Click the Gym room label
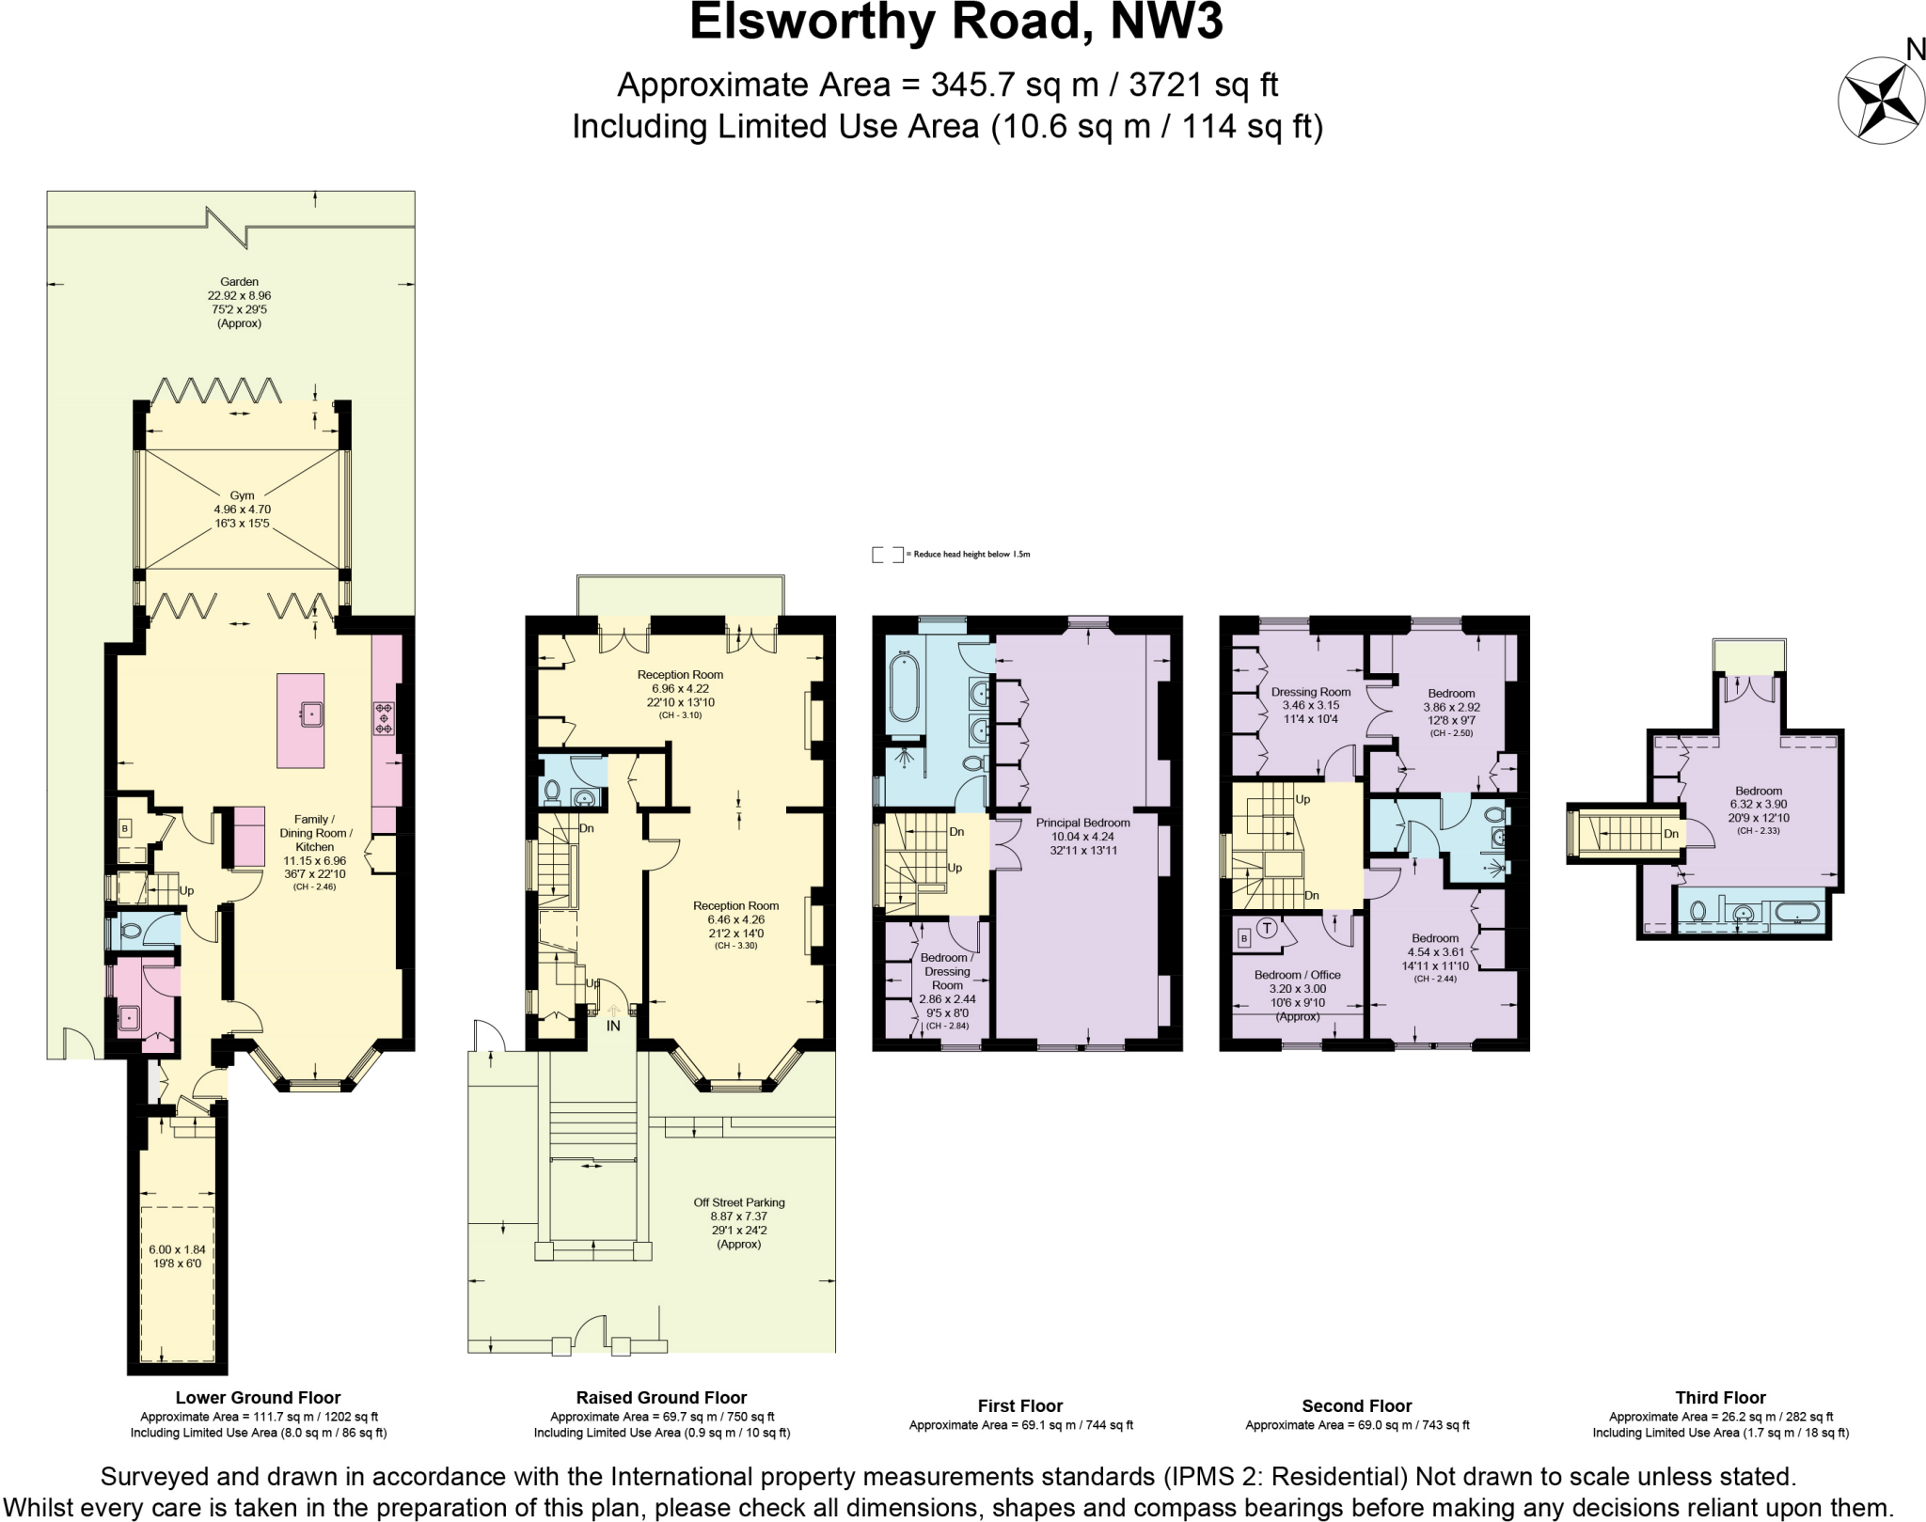point(242,495)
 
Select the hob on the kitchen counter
point(384,718)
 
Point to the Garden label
point(239,282)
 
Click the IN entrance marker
point(613,1026)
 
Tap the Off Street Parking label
point(738,1202)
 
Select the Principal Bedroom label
point(1082,823)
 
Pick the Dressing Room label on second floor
point(1310,692)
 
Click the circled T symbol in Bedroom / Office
point(1267,929)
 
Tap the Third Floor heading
point(1720,1398)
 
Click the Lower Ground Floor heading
point(258,1398)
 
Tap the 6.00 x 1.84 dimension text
point(177,1249)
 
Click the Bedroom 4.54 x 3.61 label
point(1434,938)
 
